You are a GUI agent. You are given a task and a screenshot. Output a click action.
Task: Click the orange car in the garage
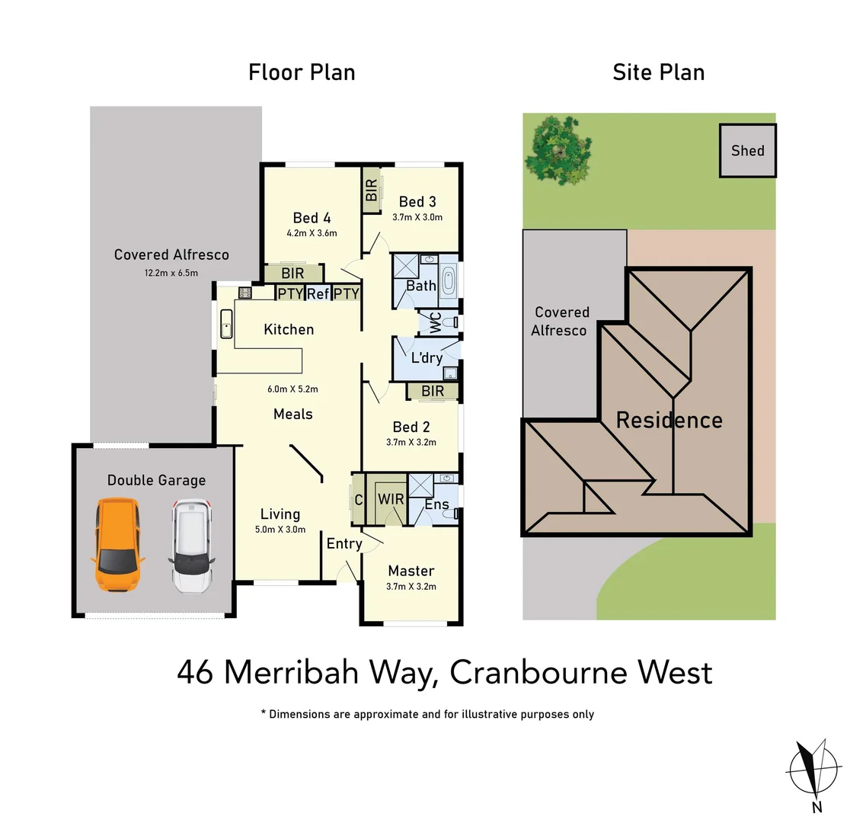coord(117,546)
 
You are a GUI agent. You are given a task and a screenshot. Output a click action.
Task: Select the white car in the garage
coord(191,546)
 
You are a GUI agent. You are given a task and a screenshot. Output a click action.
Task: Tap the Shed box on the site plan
coord(747,151)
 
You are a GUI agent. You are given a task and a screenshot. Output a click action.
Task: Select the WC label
coord(436,322)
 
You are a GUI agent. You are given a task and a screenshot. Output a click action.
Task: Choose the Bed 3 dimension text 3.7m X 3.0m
coord(417,217)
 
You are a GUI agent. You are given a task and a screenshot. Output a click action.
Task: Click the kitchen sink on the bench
coord(226,324)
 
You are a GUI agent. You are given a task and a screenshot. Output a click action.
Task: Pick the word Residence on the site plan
coord(669,420)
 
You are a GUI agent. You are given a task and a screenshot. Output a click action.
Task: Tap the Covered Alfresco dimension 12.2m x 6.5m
coord(171,272)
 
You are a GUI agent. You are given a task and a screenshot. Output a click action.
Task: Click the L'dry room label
coord(426,358)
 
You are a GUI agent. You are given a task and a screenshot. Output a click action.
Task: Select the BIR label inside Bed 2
coord(433,392)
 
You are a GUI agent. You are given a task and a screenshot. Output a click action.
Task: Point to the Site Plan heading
coord(658,72)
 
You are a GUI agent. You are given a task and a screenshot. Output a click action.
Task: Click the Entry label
coord(344,543)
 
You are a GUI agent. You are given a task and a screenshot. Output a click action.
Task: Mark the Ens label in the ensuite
coord(436,504)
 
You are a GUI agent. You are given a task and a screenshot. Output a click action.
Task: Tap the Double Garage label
coord(156,480)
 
